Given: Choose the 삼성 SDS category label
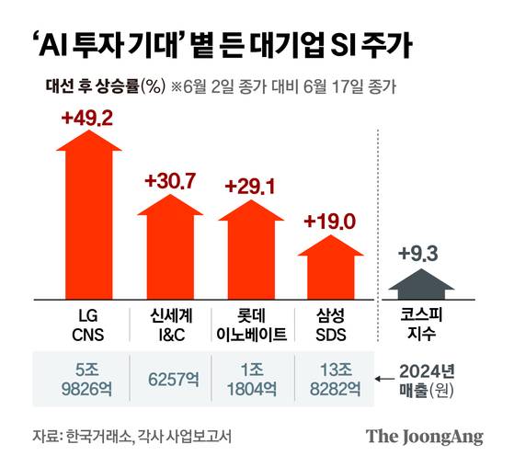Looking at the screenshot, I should click(x=329, y=324).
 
